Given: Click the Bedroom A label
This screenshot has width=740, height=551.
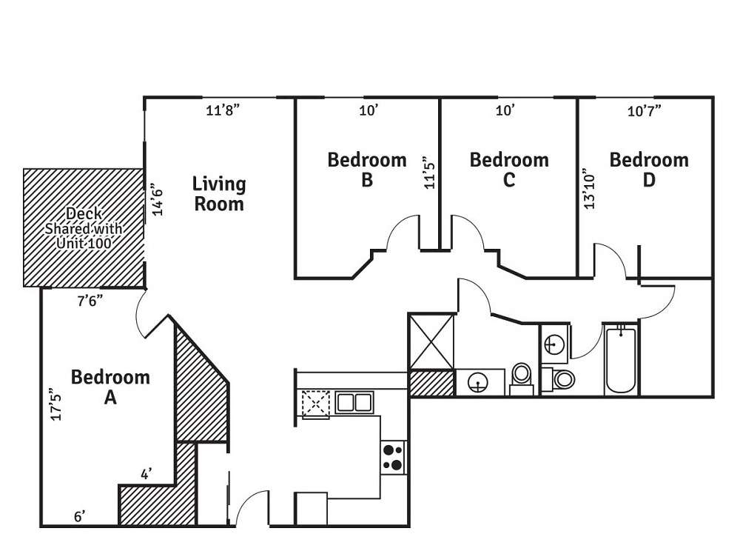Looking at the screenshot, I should [x=110, y=387].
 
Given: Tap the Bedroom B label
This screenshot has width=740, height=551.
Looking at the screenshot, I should [x=367, y=170].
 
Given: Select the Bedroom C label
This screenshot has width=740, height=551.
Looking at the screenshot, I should [x=509, y=170].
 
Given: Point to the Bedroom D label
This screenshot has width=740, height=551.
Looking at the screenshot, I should [x=649, y=170].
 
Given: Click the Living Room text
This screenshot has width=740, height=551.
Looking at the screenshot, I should [x=219, y=193].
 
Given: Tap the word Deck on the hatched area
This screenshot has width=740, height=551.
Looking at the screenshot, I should [x=83, y=214].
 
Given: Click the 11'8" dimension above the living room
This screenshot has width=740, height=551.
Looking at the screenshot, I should [x=223, y=111].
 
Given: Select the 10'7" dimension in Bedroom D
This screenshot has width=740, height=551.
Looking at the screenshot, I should [x=644, y=111].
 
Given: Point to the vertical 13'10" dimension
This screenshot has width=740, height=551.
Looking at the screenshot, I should [x=589, y=188].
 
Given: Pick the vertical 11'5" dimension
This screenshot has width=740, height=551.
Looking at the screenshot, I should [x=428, y=173].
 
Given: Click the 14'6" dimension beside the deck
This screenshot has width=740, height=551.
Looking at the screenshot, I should [x=157, y=199].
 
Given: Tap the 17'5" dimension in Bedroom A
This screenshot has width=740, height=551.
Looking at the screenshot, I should [x=54, y=404].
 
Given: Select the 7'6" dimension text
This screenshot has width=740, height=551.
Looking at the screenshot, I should [x=90, y=301].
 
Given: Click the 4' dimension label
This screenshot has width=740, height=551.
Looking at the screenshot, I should [x=147, y=472].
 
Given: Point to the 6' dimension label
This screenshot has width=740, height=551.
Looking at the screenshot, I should [x=79, y=516].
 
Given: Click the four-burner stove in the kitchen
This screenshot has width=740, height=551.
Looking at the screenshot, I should [x=393, y=457].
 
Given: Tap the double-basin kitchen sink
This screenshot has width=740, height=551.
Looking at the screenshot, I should [x=354, y=403].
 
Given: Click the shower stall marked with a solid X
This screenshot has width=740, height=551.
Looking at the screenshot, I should [x=431, y=341].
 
